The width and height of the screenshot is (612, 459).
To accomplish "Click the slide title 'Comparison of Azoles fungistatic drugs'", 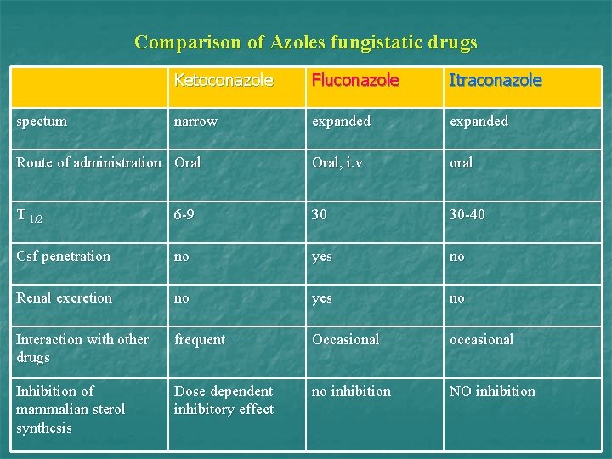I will pos(306,42).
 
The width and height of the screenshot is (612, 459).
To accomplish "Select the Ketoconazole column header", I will pos(224,81).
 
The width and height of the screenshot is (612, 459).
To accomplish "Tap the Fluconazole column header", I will pos(355,81).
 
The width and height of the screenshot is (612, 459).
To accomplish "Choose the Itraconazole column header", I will pos(495,81).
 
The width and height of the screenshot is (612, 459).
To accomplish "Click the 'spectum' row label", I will pos(42,121).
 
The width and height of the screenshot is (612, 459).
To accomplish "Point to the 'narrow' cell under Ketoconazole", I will pos(195,121).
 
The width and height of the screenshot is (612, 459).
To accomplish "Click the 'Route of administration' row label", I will pos(89,162).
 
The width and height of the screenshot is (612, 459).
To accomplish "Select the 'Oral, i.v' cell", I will pos(337,162).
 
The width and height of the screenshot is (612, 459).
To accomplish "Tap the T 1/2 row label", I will pos(29,215).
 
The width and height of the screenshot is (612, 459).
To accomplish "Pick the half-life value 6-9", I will pos(184,214).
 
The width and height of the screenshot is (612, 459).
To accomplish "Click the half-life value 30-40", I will pos(467,214).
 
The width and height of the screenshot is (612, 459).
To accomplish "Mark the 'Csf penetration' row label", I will pos(64,256).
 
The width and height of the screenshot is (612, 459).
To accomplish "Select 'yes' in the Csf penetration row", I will pos(321,256).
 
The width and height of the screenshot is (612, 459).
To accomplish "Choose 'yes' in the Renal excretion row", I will pos(321,297).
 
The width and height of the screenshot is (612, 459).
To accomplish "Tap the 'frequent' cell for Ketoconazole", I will pos(200,339).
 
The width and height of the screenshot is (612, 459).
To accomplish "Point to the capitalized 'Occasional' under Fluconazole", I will pos(345,339).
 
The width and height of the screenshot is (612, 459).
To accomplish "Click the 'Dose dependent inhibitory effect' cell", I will pos(224,400).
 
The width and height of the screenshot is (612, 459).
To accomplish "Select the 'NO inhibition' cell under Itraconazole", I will pos(492,391).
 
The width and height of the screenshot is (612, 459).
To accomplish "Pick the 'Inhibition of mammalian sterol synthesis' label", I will pos(71,409).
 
